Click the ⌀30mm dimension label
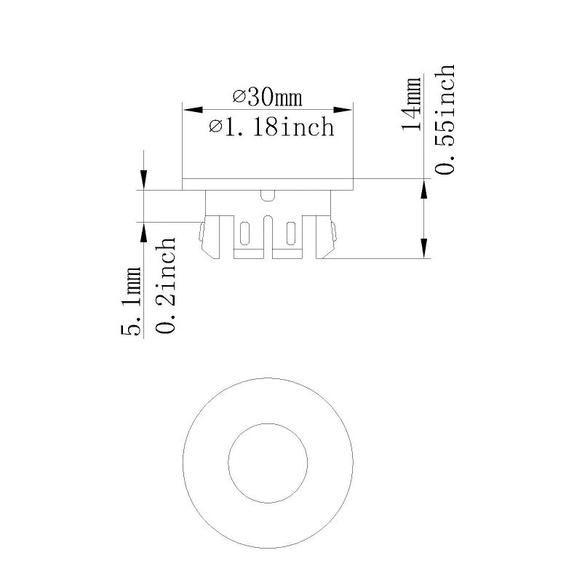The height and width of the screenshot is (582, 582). coord(267,96)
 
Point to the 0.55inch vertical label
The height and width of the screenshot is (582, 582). coord(444,119)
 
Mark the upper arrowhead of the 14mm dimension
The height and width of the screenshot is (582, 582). coord(423,191)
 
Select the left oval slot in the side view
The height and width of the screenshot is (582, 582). coord(244,235)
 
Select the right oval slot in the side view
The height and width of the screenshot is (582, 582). coord(291,235)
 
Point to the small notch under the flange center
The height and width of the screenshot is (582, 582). coord(268,194)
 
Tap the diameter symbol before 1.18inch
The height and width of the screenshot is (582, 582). coord(215,128)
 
